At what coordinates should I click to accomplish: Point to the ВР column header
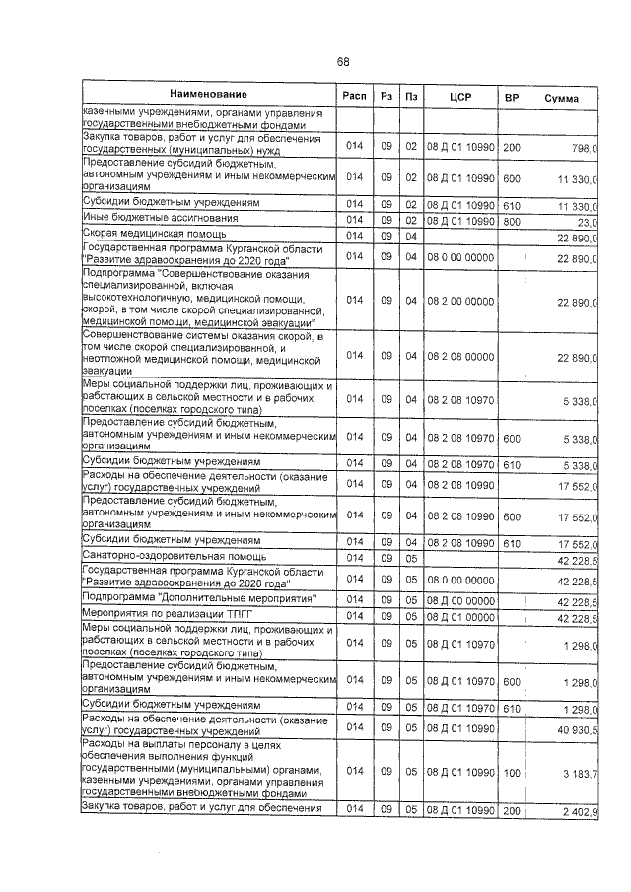point(512,97)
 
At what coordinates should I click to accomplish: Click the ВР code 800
point(511,222)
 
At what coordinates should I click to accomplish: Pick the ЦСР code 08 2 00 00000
point(460,299)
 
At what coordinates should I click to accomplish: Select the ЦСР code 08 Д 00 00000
point(460,601)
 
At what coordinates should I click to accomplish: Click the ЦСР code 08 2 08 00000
point(460,356)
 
